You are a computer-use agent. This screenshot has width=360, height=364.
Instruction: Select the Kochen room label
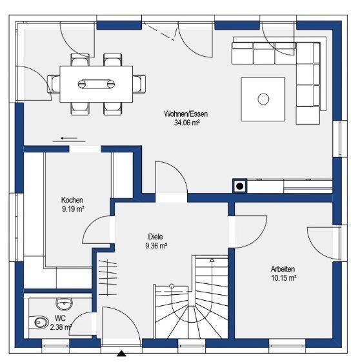pyautogui.click(x=72, y=200)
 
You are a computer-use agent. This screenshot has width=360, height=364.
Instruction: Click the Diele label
pyautogui.click(x=156, y=237)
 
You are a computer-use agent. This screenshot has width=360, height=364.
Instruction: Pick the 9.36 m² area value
pyautogui.click(x=156, y=245)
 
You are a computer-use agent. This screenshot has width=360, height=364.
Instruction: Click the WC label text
pyautogui.click(x=60, y=319)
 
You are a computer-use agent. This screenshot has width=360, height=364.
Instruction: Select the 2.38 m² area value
pyautogui.click(x=60, y=327)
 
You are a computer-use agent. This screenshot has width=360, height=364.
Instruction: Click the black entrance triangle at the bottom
pyautogui.click(x=121, y=353)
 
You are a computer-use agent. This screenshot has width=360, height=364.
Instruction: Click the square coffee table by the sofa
pyautogui.click(x=263, y=99)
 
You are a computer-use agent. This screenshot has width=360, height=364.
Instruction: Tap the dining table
pyautogui.click(x=97, y=84)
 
